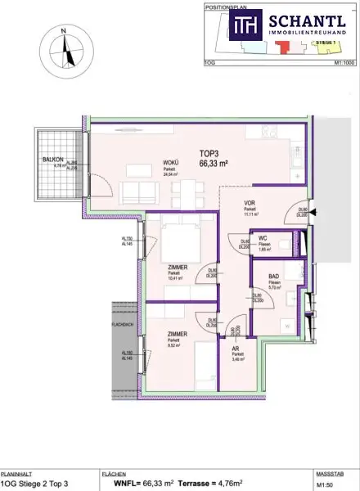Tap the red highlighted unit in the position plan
(283, 48)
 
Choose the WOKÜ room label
(170, 163)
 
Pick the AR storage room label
(236, 349)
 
